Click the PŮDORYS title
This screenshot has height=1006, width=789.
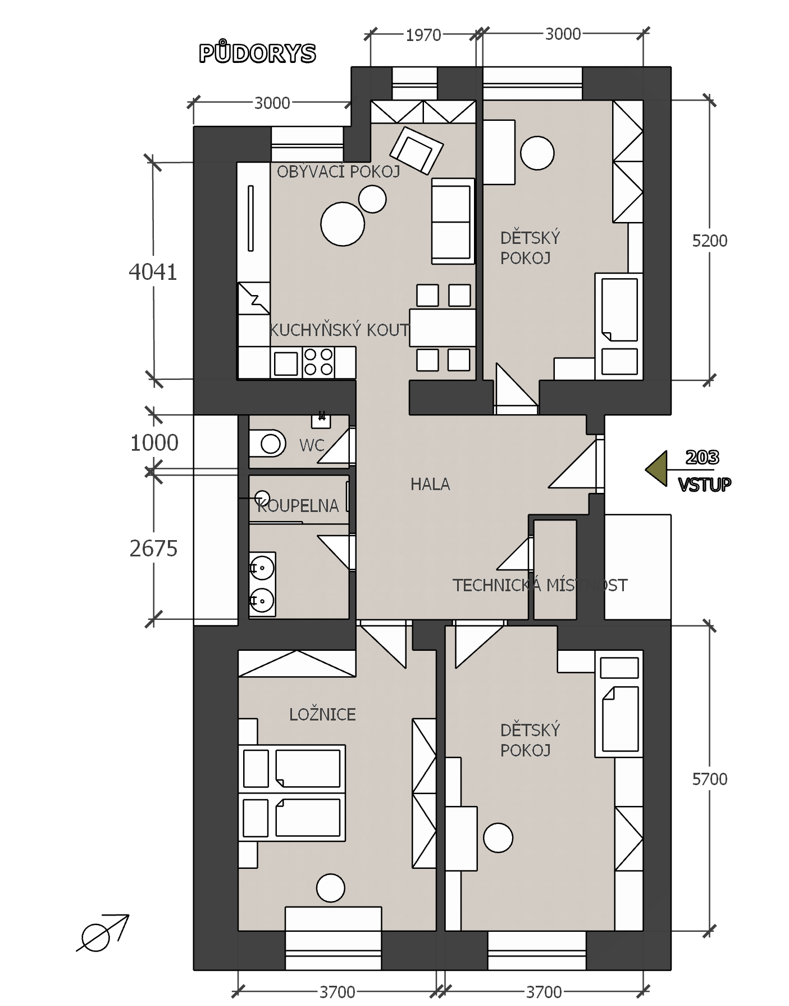point(257,53)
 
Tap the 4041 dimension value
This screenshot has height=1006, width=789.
point(153,272)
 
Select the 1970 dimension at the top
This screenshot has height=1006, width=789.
point(423,35)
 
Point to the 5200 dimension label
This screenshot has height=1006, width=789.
point(710,241)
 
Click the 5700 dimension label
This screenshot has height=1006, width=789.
point(710,779)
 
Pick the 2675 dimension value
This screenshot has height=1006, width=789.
point(153,549)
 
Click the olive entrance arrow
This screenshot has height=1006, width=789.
point(656,468)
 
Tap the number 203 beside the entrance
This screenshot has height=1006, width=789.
point(702,457)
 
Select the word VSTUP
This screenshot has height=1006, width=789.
point(705,484)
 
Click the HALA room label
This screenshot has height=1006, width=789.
point(430,484)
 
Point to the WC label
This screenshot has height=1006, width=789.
point(312,445)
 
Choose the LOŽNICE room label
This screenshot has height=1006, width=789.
point(322,714)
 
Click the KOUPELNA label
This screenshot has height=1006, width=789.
point(298,506)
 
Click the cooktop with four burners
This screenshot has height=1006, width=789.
point(318,361)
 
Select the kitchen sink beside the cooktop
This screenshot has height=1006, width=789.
point(286,363)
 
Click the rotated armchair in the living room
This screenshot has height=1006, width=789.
point(417,149)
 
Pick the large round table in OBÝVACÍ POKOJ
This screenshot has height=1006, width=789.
point(343,224)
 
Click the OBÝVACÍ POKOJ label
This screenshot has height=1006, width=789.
point(339,171)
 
